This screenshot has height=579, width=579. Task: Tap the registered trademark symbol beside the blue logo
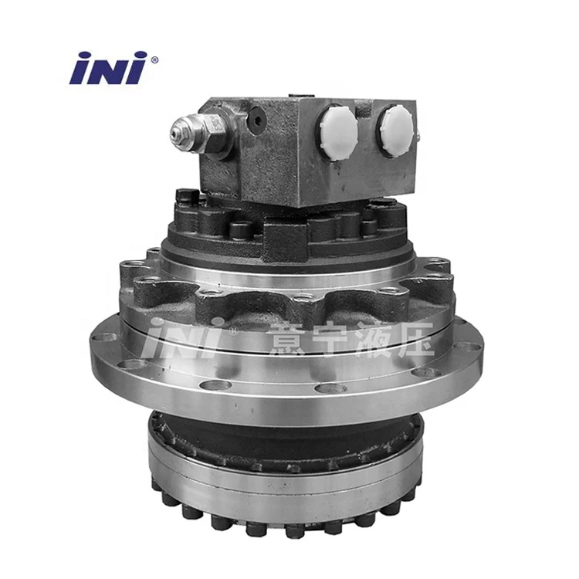154,59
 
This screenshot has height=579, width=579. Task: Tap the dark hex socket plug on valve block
257,120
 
